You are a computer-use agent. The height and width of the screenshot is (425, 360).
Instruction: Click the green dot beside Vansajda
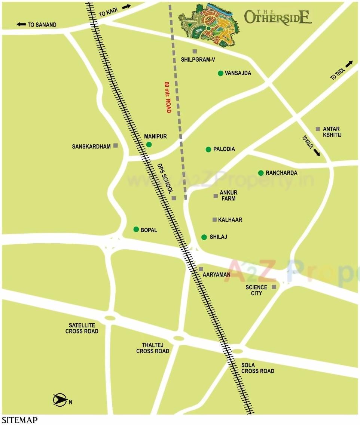(220, 73)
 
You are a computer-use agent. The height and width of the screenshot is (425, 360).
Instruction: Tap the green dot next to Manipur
(149, 145)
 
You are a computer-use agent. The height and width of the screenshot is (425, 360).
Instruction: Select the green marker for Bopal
(136, 229)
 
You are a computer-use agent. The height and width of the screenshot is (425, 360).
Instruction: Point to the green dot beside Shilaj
(204, 237)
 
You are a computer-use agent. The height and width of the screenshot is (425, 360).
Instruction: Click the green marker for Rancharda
(261, 173)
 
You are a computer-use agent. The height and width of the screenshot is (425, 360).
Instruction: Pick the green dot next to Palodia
(208, 150)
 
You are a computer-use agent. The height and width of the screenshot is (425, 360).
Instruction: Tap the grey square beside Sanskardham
(116, 145)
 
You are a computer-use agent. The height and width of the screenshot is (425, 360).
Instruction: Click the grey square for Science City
(274, 287)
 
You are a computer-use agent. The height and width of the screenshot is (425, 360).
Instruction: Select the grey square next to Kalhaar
(214, 219)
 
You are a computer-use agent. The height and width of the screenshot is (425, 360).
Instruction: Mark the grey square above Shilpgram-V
(195, 51)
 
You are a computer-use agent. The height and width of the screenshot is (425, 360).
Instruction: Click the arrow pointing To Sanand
(21, 25)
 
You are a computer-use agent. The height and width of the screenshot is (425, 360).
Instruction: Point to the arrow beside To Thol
(349, 64)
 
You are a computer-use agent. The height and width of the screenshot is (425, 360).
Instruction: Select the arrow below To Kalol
(317, 152)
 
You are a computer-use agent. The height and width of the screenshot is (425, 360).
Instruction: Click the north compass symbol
(60, 400)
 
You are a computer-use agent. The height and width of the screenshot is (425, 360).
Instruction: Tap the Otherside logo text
(278, 17)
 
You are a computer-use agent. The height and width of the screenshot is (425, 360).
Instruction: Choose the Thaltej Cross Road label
(153, 348)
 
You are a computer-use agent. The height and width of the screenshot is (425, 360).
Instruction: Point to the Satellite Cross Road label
(82, 328)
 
